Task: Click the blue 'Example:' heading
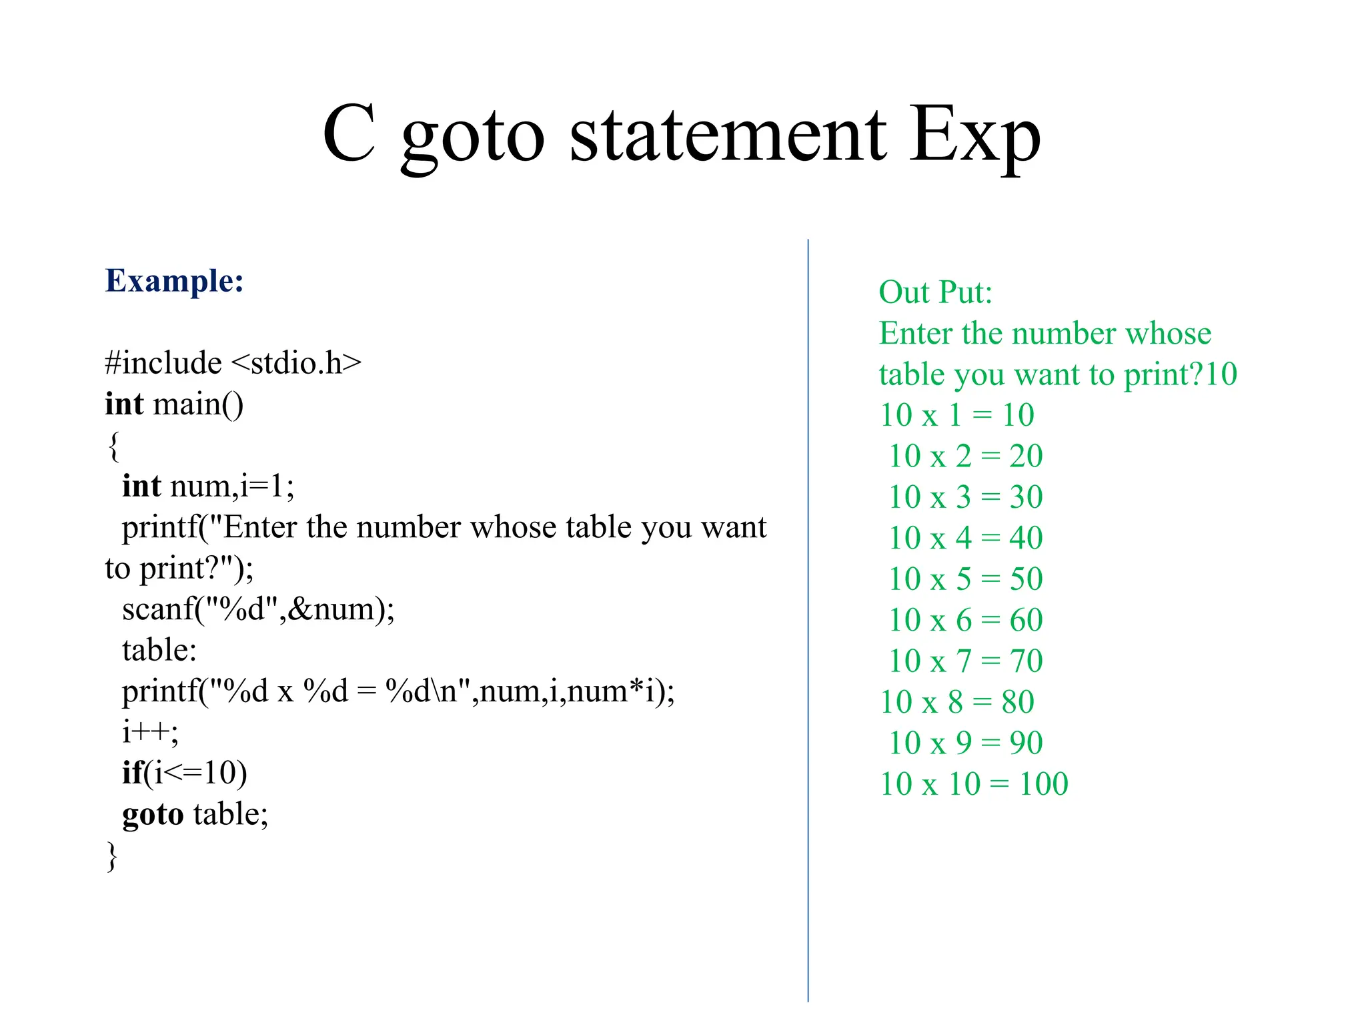click(x=174, y=281)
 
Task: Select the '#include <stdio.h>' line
click(x=233, y=363)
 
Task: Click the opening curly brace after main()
click(x=113, y=446)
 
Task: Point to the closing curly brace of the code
click(x=112, y=856)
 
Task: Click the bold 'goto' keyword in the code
click(x=153, y=814)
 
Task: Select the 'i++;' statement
click(x=150, y=732)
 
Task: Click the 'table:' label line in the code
click(x=159, y=650)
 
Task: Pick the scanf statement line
click(x=258, y=609)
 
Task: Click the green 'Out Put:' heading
click(x=935, y=292)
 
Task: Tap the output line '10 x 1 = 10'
click(x=956, y=415)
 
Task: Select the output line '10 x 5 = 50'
click(x=965, y=579)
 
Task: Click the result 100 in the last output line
click(x=1043, y=784)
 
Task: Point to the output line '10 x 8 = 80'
click(x=956, y=702)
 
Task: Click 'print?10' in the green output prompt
click(x=1180, y=374)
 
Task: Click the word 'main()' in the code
click(x=198, y=404)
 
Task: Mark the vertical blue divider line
click(x=808, y=621)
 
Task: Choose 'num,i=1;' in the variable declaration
click(x=231, y=486)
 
